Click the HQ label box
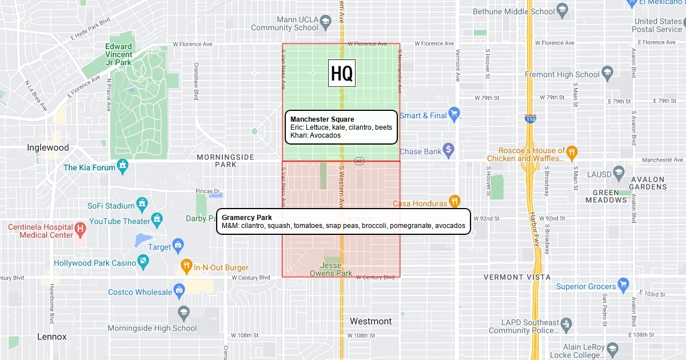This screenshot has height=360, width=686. pos(342,73)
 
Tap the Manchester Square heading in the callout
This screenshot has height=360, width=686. pos(322,119)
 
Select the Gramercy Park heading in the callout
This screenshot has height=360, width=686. pos(246,218)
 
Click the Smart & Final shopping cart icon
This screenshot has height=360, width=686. pos(454,113)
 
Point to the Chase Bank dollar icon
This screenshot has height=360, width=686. pos(449,149)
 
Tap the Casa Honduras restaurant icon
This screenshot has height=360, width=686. pos(454,201)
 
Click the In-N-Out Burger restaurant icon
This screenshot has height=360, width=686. pos(186,265)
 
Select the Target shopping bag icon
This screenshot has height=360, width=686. pos(178,245)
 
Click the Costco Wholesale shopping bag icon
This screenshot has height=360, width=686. pos(180,290)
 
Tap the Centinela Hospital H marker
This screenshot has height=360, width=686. pos(81,228)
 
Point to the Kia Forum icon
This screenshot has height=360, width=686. pos(122,166)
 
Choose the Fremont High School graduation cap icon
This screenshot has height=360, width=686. pos(607,72)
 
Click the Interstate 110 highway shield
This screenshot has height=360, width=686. pos(529,118)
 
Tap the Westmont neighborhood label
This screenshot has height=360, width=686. pos(370,321)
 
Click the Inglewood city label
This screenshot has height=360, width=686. pos(48,147)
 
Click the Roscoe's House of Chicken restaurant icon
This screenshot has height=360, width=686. pos(572,152)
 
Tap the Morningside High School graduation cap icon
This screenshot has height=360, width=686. pos(183,312)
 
